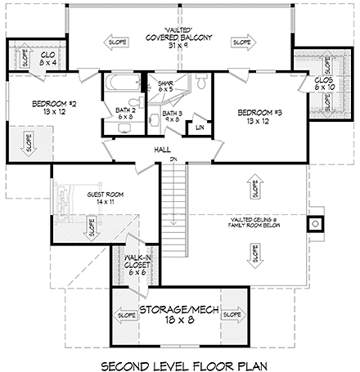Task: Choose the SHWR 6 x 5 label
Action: point(165,84)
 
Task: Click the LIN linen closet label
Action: point(200,128)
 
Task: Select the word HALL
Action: point(161,150)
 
